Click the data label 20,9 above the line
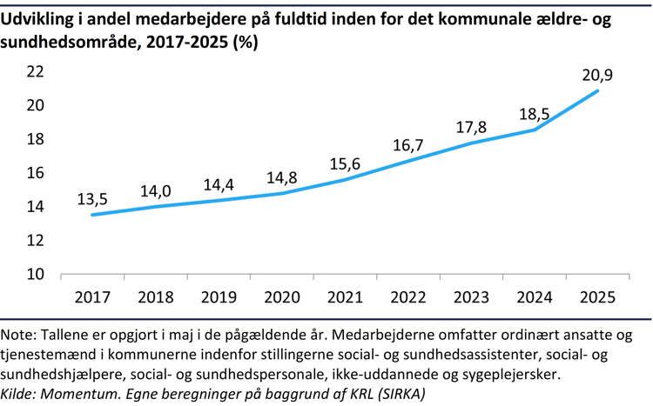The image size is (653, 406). pos(596,75)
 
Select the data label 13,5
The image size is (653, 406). pos(92,199)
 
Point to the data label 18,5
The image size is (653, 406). pos(534,114)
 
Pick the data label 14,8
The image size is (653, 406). pos(281,177)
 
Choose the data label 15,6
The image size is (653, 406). pos(344,164)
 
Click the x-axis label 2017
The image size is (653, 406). pos(92,296)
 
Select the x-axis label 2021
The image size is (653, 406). pos(345,296)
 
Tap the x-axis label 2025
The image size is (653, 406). pos(597,296)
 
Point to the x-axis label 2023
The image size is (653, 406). pos(471,296)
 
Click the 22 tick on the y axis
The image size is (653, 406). pos(34,72)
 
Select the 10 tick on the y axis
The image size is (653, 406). pos(34,274)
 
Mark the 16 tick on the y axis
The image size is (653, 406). pos(34,173)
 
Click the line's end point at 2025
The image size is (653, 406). pos(597,90)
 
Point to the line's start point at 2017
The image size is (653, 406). pos(92,215)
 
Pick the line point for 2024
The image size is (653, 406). pos(534,130)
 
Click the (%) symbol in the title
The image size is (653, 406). pos(247,41)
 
